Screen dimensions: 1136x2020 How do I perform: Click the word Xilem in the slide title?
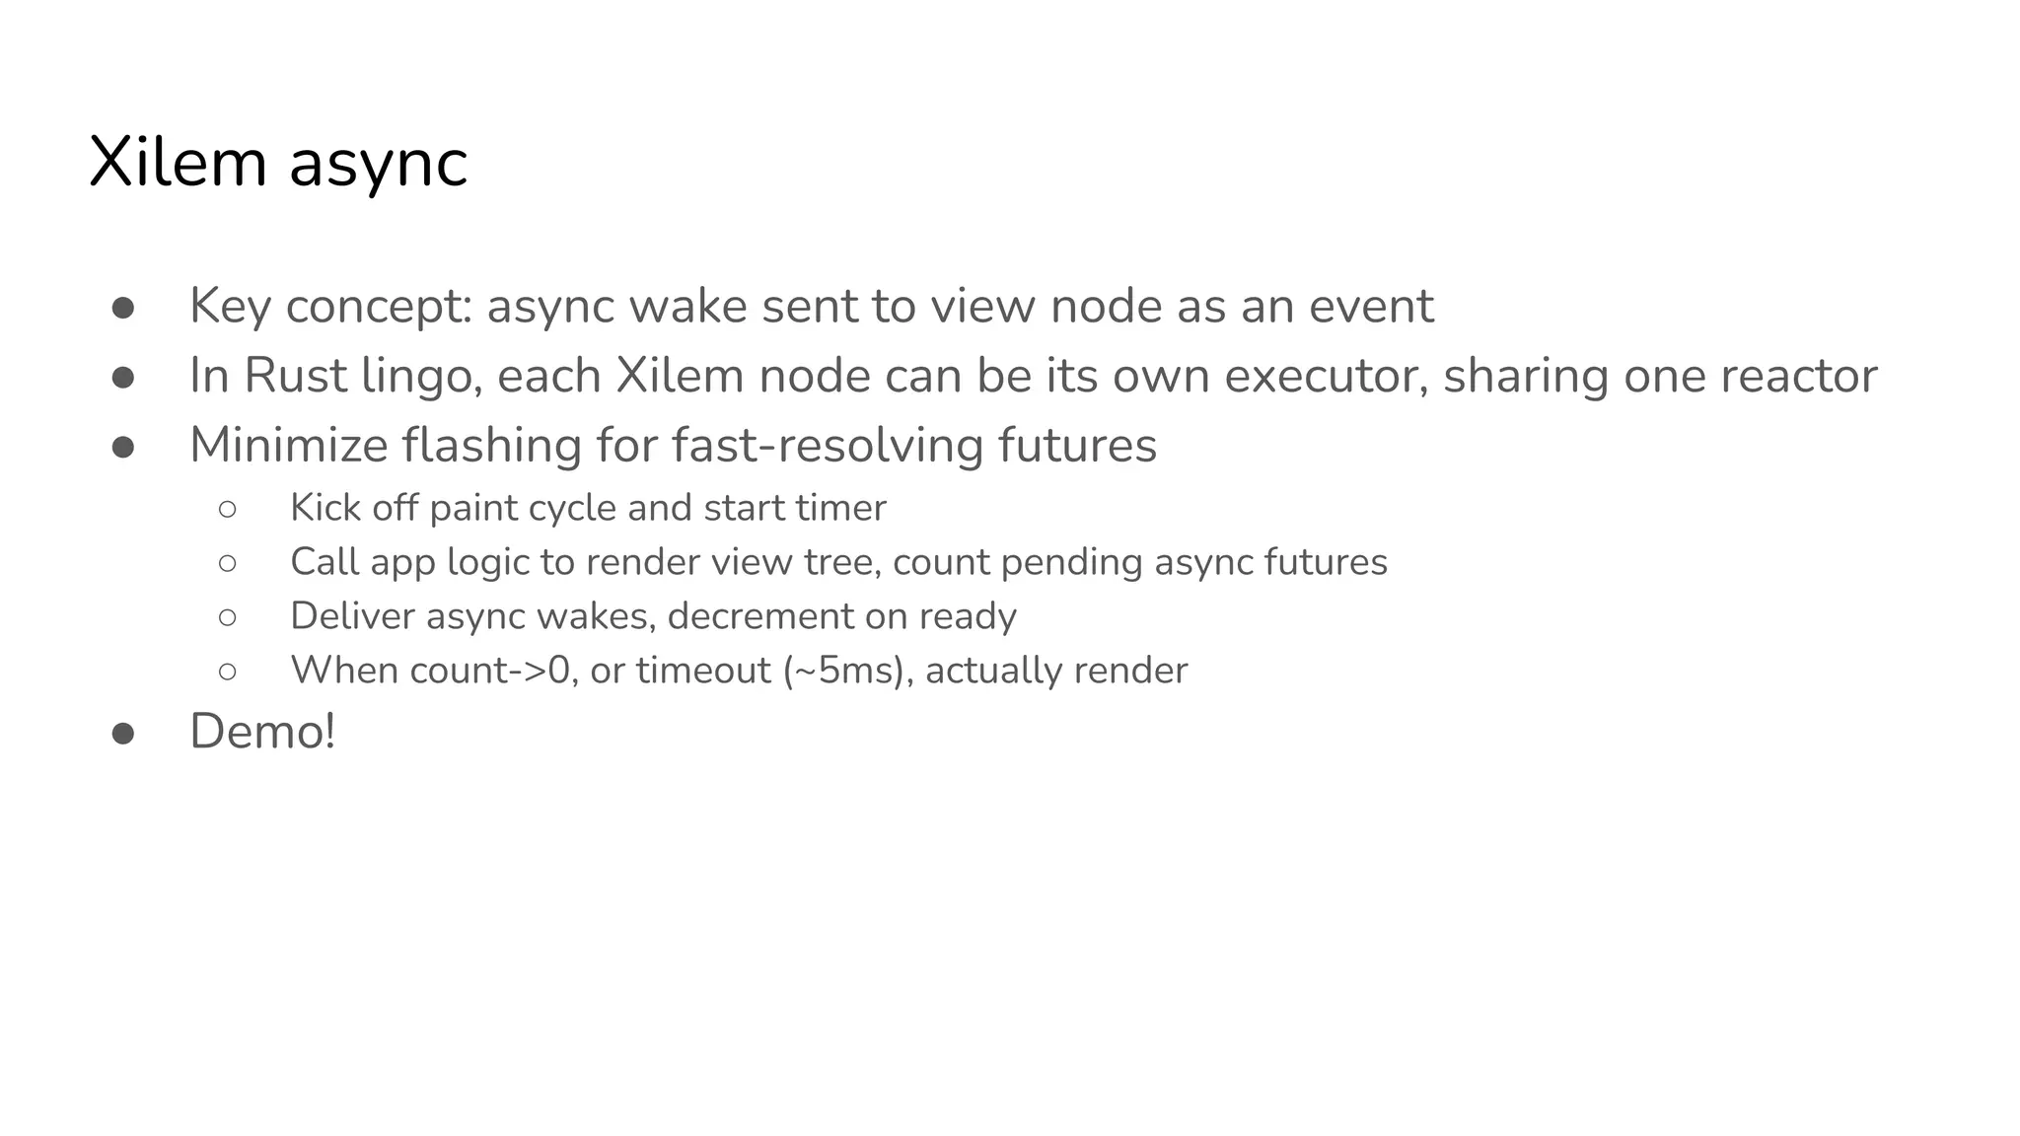[x=178, y=163]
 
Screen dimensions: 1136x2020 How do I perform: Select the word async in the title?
[x=378, y=165]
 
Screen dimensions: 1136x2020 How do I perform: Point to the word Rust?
[x=295, y=376]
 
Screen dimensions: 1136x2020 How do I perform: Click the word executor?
[x=1321, y=376]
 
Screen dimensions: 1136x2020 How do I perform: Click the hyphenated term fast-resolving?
[x=828, y=445]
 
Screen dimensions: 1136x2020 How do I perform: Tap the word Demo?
[x=262, y=732]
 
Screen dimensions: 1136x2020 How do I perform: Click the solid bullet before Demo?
[x=123, y=734]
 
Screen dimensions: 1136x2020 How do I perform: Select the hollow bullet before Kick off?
[x=228, y=510]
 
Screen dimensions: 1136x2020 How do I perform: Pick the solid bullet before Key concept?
[x=123, y=308]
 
